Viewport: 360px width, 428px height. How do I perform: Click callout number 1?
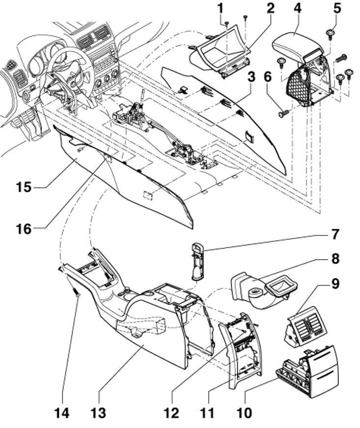coord(220,8)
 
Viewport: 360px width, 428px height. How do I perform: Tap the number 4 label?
coord(298,8)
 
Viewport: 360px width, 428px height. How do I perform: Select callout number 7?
coord(335,235)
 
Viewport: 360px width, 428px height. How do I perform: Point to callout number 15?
coord(24,187)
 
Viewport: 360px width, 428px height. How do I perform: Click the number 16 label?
coord(24,229)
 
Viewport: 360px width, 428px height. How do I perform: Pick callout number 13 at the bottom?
coord(98,413)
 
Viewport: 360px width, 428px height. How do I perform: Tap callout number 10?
coord(245,413)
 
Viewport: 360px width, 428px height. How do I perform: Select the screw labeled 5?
coord(330,33)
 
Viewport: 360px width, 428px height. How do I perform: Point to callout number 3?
coord(251,77)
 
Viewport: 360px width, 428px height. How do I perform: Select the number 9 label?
coord(335,284)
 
